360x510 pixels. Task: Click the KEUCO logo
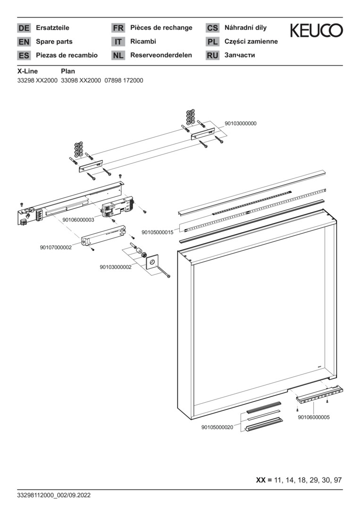click(x=316, y=31)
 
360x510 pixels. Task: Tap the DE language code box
click(x=24, y=28)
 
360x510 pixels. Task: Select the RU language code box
click(x=212, y=55)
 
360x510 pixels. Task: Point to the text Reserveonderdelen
click(x=161, y=55)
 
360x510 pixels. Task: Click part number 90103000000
click(x=241, y=123)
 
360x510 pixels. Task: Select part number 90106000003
click(x=78, y=220)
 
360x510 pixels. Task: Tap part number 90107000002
click(x=56, y=247)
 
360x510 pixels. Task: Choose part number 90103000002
click(x=116, y=267)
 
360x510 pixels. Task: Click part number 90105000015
click(x=158, y=232)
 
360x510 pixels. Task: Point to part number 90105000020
click(x=217, y=427)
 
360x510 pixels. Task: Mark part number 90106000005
click(x=314, y=417)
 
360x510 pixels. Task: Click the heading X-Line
click(x=27, y=71)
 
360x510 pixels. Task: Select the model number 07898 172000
click(x=124, y=81)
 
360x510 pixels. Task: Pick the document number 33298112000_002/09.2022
click(x=53, y=495)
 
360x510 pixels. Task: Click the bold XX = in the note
click(x=264, y=480)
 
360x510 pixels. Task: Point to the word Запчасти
click(x=240, y=55)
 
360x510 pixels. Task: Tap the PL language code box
click(x=212, y=42)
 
